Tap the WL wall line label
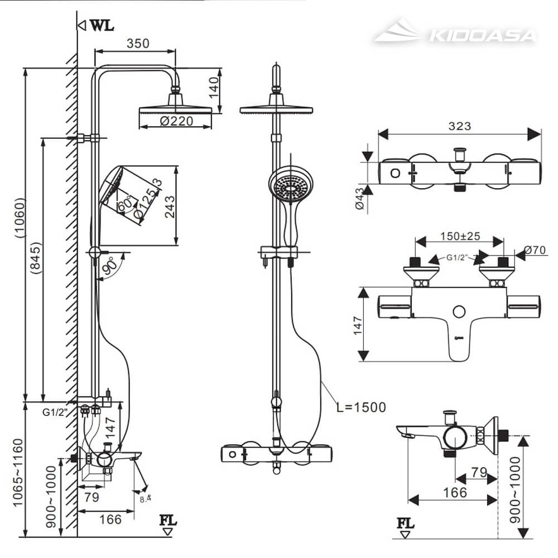(x=100, y=25)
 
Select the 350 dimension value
(x=138, y=43)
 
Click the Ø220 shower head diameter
(x=176, y=121)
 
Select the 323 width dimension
(x=459, y=126)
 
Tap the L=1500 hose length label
(x=360, y=407)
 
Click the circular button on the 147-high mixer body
(x=460, y=312)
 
